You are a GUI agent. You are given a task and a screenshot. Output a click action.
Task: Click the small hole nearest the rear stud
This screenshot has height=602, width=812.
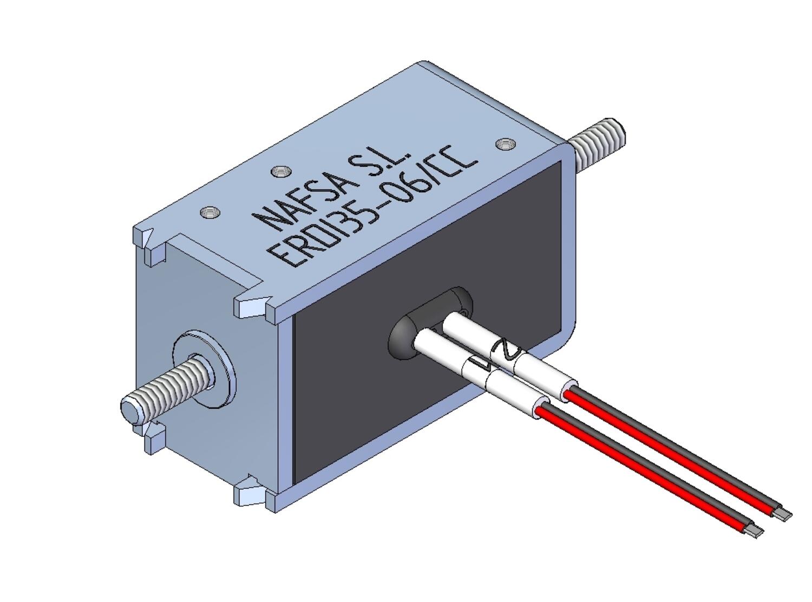[506, 143]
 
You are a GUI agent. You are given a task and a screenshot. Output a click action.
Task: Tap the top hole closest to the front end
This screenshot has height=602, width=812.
[210, 212]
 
